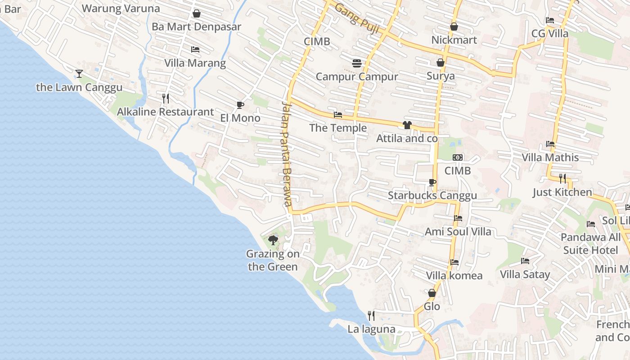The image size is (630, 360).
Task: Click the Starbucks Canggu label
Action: click(432, 196)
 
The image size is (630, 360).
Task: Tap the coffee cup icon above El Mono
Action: click(240, 105)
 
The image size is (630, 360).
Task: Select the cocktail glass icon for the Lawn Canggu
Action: click(79, 74)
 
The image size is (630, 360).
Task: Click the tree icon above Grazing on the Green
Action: click(273, 240)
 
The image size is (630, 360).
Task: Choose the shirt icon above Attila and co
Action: click(407, 125)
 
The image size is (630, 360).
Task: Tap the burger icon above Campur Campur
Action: click(357, 63)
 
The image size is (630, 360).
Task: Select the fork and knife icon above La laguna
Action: click(371, 316)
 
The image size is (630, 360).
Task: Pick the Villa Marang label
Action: click(195, 63)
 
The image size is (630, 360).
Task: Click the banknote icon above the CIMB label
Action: click(458, 157)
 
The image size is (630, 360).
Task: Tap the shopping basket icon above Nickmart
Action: click(454, 27)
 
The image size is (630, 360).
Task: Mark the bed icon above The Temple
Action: click(338, 115)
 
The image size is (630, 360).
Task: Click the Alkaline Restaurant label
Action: click(165, 112)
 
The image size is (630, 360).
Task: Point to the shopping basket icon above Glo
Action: click(432, 293)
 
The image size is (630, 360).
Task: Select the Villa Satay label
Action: click(525, 274)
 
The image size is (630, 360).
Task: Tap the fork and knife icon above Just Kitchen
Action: click(562, 179)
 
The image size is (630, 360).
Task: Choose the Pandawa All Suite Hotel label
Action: click(590, 243)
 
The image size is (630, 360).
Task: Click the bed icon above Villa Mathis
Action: click(550, 144)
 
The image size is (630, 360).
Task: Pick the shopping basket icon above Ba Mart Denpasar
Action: click(196, 14)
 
